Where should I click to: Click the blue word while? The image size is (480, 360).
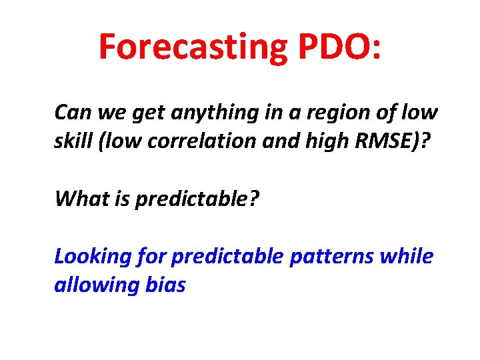click(407, 257)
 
